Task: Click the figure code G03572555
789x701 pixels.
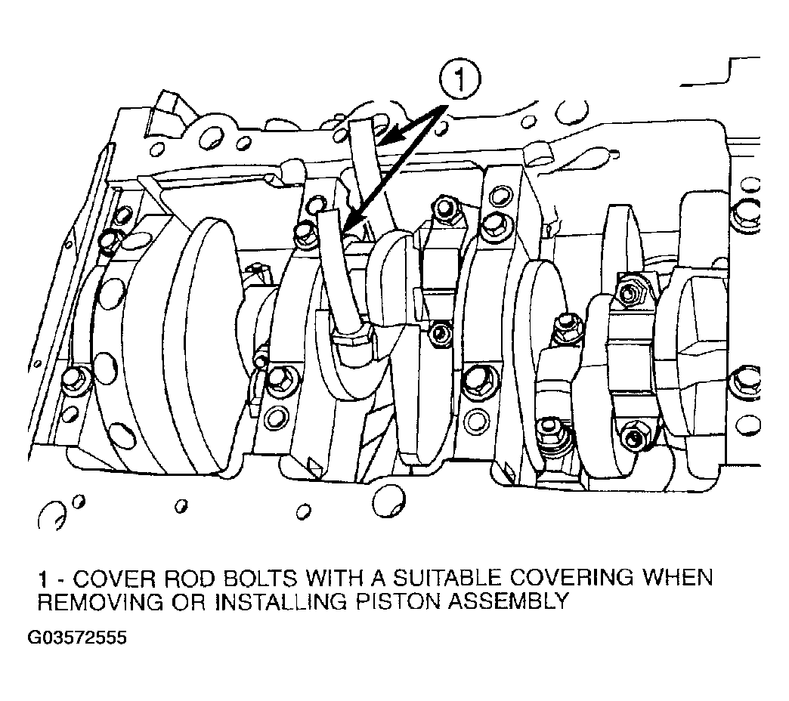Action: click(x=77, y=638)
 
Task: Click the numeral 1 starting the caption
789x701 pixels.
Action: click(x=45, y=579)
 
